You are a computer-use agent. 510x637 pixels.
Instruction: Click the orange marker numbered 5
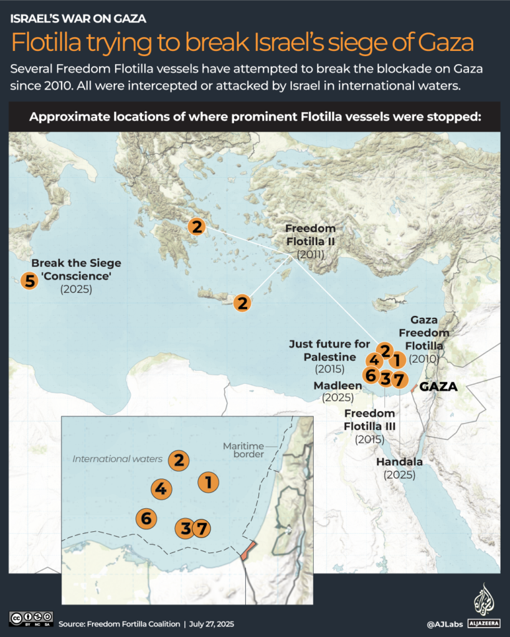29,281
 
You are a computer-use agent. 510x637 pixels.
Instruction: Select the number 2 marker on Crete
243,303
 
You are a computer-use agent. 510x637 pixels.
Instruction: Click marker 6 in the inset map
146,518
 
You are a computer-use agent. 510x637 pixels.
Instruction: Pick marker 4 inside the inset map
161,489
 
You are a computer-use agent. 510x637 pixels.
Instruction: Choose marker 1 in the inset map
209,481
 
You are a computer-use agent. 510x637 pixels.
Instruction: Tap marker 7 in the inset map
201,529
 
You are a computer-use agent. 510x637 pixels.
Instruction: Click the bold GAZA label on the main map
438,387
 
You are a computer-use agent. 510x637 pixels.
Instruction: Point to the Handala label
400,462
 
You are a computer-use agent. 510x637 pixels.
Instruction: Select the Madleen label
338,386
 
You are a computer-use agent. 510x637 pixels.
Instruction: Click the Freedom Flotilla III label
369,420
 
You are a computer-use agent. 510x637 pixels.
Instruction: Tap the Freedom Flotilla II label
310,235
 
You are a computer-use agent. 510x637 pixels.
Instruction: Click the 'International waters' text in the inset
118,459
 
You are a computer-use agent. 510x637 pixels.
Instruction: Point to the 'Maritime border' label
244,450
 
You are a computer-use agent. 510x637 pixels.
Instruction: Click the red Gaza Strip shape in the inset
247,551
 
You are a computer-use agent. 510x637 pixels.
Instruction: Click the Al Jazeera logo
483,604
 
